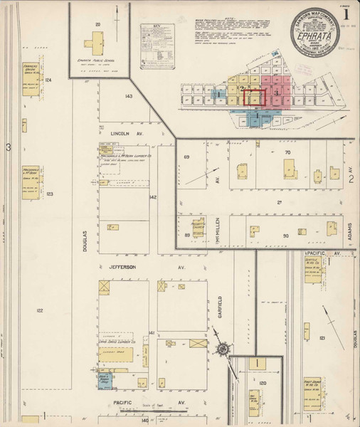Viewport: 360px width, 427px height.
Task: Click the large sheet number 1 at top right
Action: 346,14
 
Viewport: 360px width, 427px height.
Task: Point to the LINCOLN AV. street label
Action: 127,133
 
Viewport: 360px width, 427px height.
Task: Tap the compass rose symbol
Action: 223,349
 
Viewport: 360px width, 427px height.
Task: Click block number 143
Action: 128,96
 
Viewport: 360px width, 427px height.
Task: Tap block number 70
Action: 288,152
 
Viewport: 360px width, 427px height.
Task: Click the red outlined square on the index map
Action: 253,97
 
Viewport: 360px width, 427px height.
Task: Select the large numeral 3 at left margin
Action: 9,147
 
